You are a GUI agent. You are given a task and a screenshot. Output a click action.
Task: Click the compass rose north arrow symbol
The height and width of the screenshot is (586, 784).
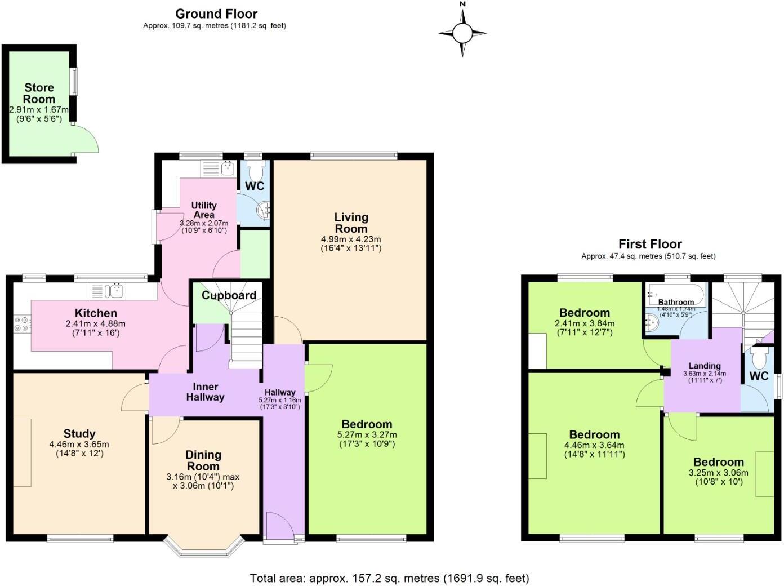tap(462, 33)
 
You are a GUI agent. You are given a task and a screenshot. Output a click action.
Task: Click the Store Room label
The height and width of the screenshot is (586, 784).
tap(39, 93)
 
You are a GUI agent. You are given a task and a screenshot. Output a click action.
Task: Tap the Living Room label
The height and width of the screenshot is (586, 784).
tap(351, 223)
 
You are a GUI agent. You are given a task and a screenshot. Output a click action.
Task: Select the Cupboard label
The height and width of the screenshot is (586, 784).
tap(229, 295)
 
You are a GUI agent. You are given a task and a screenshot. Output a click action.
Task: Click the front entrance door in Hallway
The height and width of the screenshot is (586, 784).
tap(279, 527)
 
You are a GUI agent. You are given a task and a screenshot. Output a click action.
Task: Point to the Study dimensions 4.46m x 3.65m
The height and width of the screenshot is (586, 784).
tap(79, 444)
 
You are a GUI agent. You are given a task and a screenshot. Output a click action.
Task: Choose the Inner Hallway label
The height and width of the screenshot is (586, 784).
tap(206, 392)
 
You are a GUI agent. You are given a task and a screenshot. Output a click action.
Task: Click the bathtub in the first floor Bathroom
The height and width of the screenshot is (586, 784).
tap(675, 292)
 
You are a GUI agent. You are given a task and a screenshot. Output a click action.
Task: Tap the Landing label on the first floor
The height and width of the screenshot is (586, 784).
tap(705, 366)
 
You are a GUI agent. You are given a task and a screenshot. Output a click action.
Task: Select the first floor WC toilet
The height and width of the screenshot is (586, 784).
tap(759, 356)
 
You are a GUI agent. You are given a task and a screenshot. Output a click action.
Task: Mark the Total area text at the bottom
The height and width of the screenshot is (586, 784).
tap(389, 578)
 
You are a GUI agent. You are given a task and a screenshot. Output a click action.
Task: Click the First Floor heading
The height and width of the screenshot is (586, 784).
tap(650, 244)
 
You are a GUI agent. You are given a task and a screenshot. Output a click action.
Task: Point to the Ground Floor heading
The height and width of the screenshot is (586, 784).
tap(216, 14)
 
